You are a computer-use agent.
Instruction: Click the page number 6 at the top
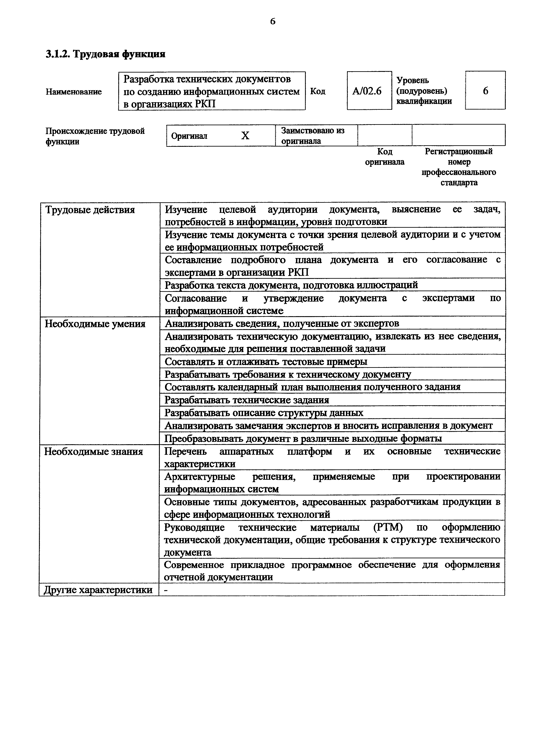pyautogui.click(x=273, y=22)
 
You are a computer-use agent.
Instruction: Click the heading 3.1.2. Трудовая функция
pyautogui.click(x=105, y=54)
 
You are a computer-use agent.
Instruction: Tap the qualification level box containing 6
pyautogui.click(x=485, y=90)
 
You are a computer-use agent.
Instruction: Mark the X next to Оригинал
pyautogui.click(x=245, y=135)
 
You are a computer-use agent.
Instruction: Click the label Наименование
pyautogui.click(x=74, y=92)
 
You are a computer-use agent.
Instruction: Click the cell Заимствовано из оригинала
pyautogui.click(x=313, y=135)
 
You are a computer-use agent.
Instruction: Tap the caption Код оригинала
pyautogui.click(x=385, y=156)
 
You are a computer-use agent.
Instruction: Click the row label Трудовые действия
pyautogui.click(x=90, y=210)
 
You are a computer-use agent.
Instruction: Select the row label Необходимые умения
pyautogui.click(x=95, y=324)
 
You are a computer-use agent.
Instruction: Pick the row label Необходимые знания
pyautogui.click(x=94, y=452)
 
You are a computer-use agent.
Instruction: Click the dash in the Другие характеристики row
pyautogui.click(x=166, y=590)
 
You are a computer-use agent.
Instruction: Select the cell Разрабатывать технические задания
pyautogui.click(x=247, y=400)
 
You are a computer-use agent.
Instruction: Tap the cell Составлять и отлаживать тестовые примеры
pyautogui.click(x=266, y=362)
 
